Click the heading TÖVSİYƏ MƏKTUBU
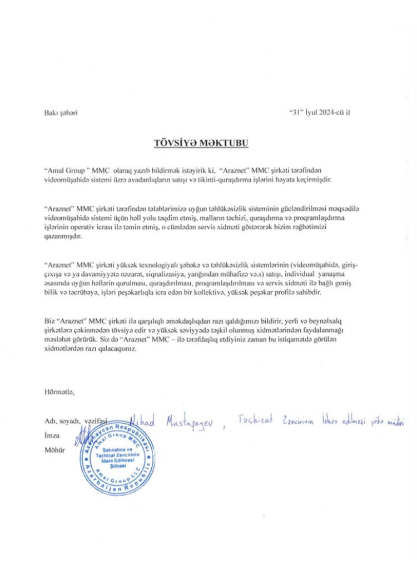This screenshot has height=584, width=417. (201, 143)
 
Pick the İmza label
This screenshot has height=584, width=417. (52, 435)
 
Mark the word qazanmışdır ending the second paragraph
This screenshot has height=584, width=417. (62, 236)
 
